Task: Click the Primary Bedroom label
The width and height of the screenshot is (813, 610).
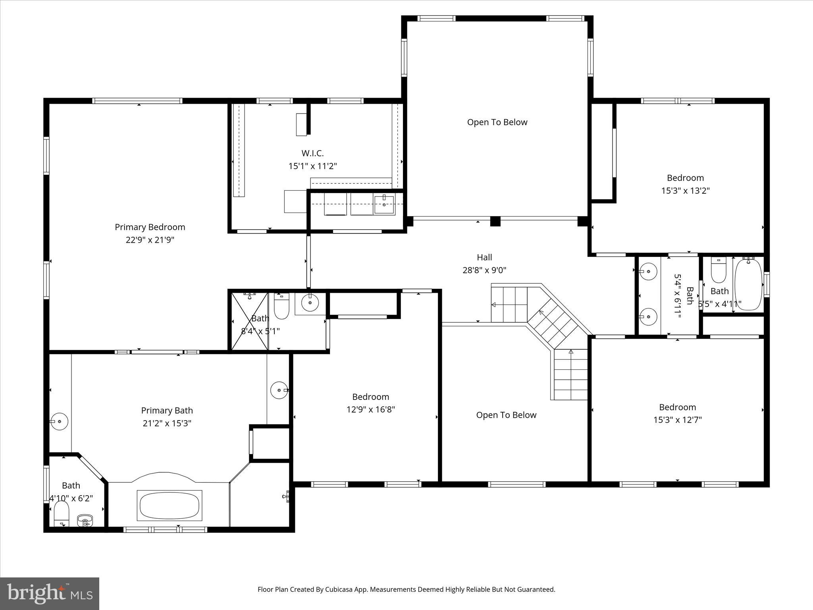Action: coord(150,227)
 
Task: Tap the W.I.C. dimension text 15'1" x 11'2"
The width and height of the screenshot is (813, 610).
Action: coord(312,166)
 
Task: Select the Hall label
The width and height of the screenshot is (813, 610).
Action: coord(484,257)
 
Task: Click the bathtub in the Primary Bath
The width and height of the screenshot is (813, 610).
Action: coord(170,505)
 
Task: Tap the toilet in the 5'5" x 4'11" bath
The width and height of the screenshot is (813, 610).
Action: coord(718,270)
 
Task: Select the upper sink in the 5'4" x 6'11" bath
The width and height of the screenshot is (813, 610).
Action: coord(648,272)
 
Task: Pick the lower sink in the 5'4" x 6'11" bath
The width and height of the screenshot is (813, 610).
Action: coord(648,317)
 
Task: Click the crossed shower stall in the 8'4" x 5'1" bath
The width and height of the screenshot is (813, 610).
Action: coord(250,321)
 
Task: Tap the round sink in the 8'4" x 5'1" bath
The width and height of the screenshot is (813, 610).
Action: coord(310,303)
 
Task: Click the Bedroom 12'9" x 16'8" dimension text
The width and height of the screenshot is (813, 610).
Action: coord(370,409)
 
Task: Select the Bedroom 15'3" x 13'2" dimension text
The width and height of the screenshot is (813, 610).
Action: coord(685,191)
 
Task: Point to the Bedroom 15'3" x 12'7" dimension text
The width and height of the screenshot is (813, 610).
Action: coord(677,420)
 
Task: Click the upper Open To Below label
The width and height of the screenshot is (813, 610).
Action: coord(497,122)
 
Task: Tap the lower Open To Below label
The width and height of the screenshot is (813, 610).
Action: coord(506,415)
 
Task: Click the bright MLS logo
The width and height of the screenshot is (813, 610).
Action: coord(50,594)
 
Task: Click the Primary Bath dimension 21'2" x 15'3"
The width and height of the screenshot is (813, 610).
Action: coord(167,423)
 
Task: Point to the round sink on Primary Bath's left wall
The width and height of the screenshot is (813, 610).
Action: coord(59,421)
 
